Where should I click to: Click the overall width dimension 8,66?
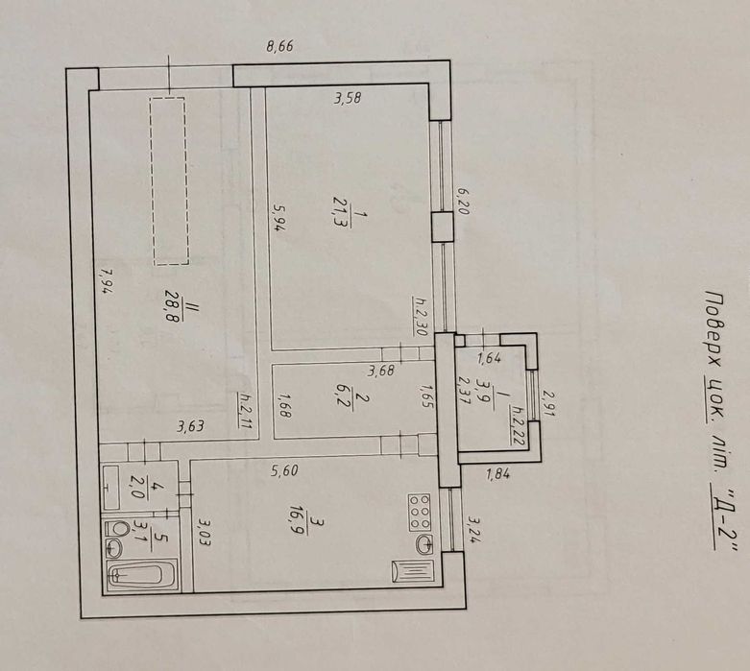pos(278,45)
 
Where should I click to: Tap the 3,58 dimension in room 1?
pos(347,96)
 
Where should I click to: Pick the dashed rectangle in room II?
pos(169,180)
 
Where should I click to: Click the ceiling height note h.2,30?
pos(421,314)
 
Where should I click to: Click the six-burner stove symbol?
pos(420,512)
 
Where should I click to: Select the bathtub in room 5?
pos(140,576)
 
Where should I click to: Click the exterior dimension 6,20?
pos(462,204)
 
